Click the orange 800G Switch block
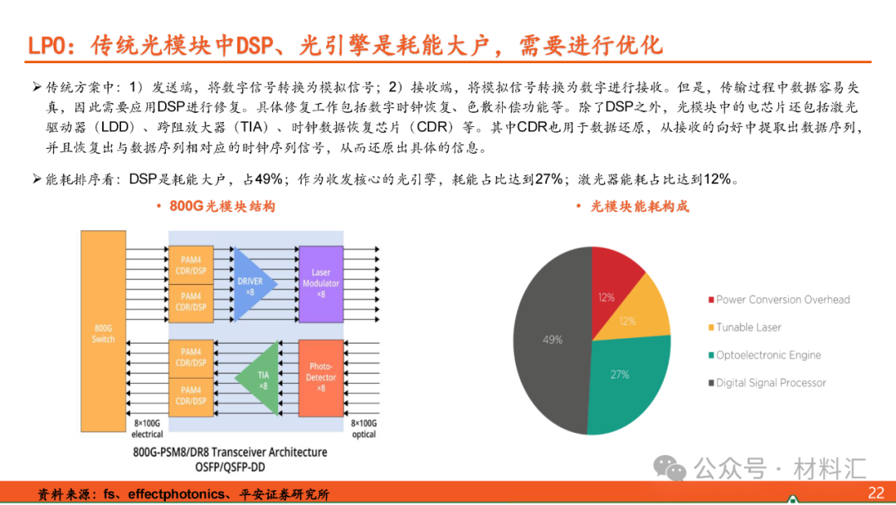coord(103,331)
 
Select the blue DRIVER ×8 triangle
coord(251,284)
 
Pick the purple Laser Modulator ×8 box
coord(320,284)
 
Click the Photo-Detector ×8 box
coord(320,378)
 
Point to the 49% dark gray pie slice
coord(552,340)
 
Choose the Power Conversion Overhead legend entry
coord(779,300)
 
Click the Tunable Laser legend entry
coord(744,327)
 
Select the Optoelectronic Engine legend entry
coord(765,355)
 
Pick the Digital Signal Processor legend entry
coord(767,383)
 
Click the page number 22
coord(876,493)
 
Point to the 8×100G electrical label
coord(147,429)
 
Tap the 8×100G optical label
coord(364,429)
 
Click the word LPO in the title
coord(46,46)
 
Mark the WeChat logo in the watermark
coord(670,468)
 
